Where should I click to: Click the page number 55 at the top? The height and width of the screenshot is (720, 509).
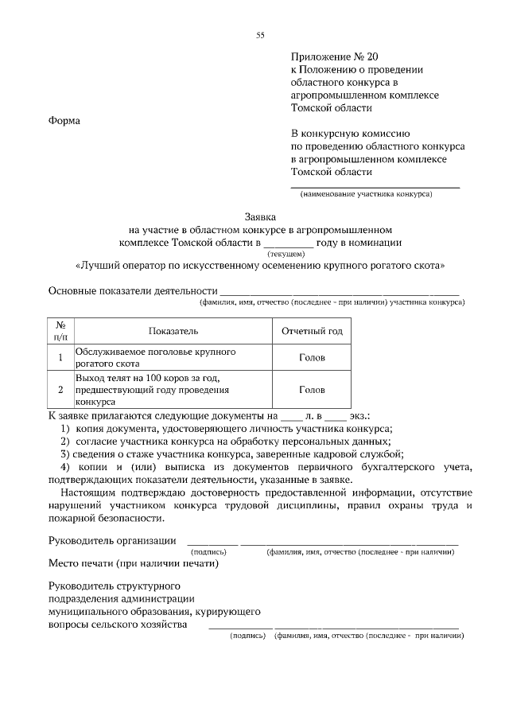[x=259, y=34]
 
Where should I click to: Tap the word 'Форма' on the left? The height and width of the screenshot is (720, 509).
[x=65, y=120]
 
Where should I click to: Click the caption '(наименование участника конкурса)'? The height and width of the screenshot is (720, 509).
[x=366, y=195]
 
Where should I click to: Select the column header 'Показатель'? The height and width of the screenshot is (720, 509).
[x=173, y=331]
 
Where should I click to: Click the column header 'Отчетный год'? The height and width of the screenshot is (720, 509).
[x=312, y=331]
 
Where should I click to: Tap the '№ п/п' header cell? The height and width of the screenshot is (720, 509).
[x=60, y=331]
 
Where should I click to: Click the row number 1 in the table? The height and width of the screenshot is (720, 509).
[x=60, y=357]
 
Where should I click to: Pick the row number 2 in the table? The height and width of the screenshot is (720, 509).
[x=60, y=390]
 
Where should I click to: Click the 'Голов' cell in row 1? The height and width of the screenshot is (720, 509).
[x=312, y=357]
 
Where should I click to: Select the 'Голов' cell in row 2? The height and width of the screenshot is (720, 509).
[x=312, y=390]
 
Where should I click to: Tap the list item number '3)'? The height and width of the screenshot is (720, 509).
[x=66, y=453]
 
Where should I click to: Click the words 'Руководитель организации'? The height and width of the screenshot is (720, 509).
[x=112, y=540]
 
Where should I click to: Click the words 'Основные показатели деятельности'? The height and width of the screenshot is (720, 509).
[x=133, y=290]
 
